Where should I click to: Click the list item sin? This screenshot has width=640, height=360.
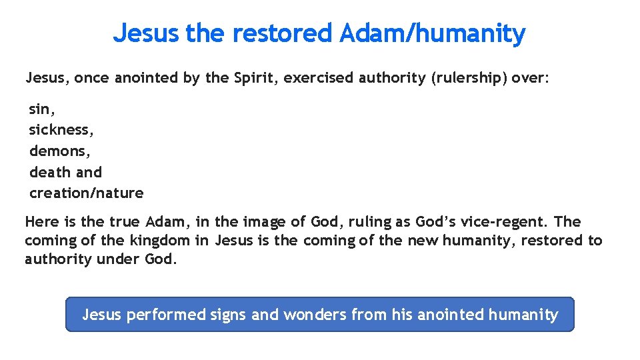[42, 109]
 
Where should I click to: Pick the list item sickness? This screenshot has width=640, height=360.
[61, 129]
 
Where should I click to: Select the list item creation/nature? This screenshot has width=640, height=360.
[86, 193]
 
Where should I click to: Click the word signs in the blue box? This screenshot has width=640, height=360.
[228, 315]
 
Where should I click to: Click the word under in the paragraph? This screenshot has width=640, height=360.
[119, 259]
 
